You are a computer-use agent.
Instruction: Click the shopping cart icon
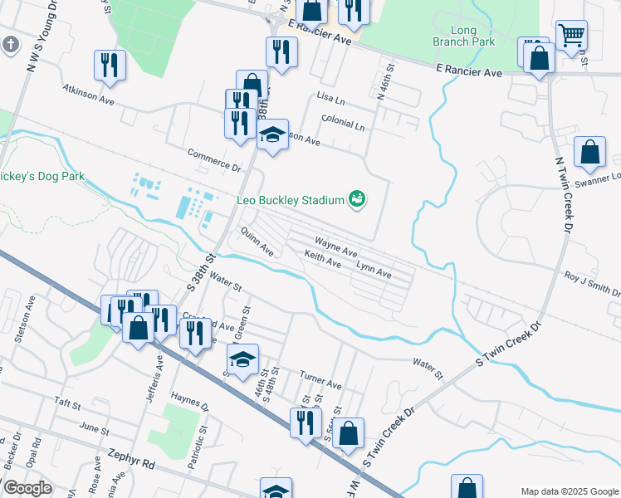tap(571, 36)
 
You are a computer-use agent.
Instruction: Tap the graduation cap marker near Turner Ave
tap(242, 359)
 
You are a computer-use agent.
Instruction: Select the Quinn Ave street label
tap(257, 241)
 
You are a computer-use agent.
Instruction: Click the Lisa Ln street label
tap(330, 97)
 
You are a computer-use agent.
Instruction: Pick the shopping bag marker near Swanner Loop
tap(589, 152)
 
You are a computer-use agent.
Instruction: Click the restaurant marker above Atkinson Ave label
tap(110, 66)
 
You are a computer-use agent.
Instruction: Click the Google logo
tap(27, 488)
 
